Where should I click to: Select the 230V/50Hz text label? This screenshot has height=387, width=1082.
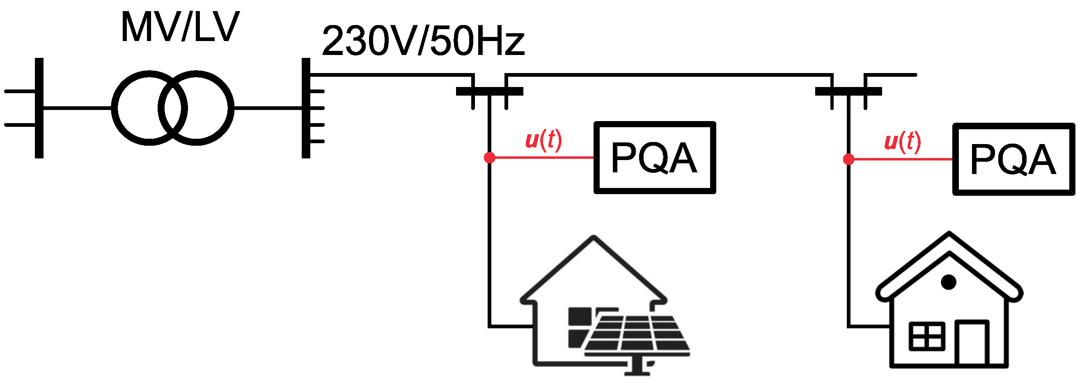click(423, 41)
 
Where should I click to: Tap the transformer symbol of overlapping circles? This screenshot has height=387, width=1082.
click(173, 108)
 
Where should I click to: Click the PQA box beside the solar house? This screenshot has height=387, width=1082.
click(654, 158)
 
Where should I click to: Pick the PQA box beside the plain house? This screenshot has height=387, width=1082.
click(1013, 159)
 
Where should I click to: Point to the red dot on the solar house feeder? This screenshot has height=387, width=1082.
click(489, 158)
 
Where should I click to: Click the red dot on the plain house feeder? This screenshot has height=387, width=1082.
click(848, 160)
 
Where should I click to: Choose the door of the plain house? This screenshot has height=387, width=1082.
click(972, 342)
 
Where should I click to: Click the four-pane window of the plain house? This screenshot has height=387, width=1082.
click(927, 336)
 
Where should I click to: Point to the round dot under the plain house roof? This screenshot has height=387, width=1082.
click(949, 282)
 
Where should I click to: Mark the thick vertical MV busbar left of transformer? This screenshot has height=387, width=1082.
click(39, 108)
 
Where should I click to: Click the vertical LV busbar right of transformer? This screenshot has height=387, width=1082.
click(306, 108)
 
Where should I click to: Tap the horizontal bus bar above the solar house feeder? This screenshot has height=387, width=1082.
click(489, 91)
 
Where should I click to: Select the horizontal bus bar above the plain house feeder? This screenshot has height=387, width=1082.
click(848, 91)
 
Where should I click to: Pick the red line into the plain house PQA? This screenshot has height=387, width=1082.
click(901, 160)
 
